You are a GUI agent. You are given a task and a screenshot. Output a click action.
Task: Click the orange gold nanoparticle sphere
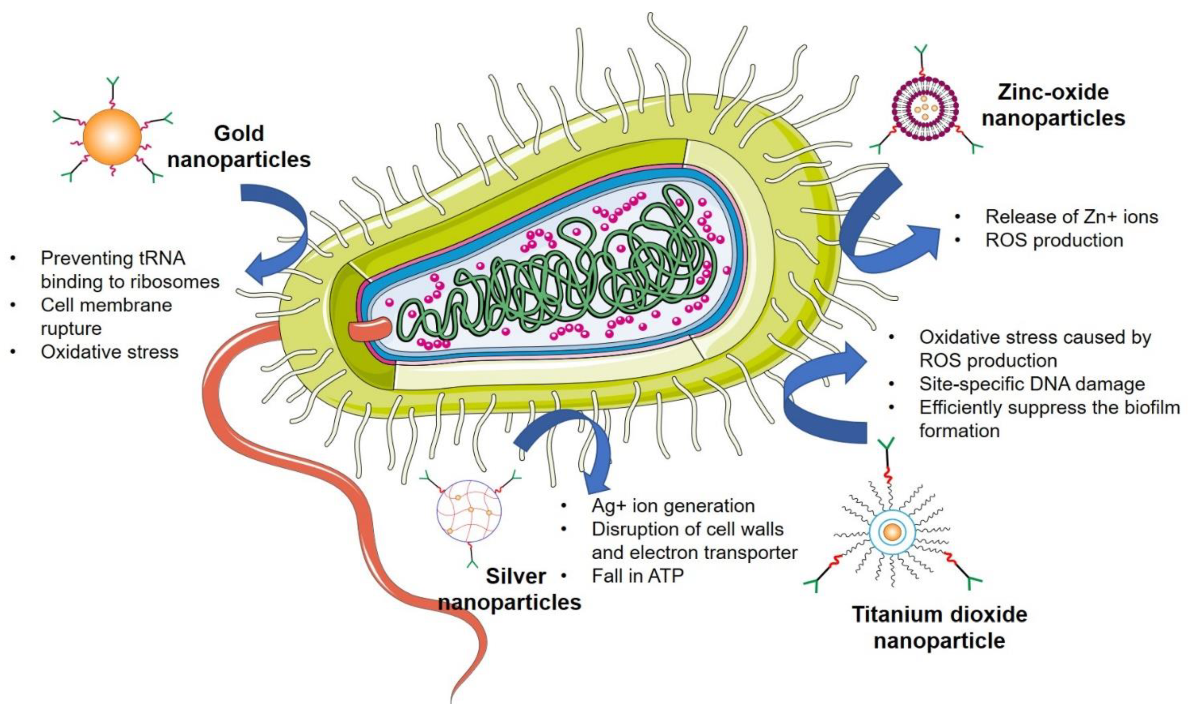[112, 137]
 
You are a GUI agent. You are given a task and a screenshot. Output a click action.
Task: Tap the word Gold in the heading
[239, 133]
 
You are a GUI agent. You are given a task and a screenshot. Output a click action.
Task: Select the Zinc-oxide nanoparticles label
[1053, 105]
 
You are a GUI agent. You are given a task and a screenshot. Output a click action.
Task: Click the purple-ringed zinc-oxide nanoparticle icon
[924, 108]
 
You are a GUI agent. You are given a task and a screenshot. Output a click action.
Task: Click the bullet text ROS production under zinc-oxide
[1054, 240]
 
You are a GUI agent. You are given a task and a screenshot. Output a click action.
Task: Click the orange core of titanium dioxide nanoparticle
[892, 532]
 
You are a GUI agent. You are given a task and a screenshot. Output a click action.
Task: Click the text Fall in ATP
[638, 576]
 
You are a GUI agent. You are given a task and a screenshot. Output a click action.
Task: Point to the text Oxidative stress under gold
[110, 352]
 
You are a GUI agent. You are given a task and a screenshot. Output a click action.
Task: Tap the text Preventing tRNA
[113, 258]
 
